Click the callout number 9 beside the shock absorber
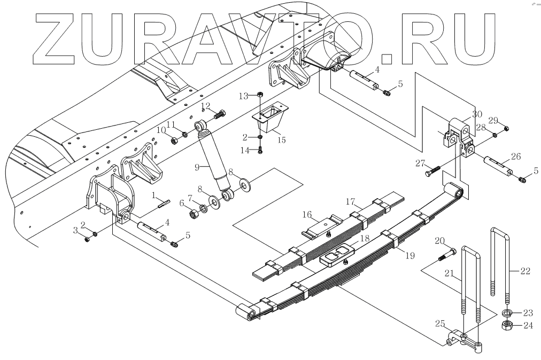[197, 167]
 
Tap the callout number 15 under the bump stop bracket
[281, 140]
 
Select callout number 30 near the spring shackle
[477, 114]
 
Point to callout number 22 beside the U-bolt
[525, 271]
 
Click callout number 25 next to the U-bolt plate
[439, 323]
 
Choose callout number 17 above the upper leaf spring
[351, 202]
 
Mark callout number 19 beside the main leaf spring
[410, 256]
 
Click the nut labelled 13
[259, 94]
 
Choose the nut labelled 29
[507, 128]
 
